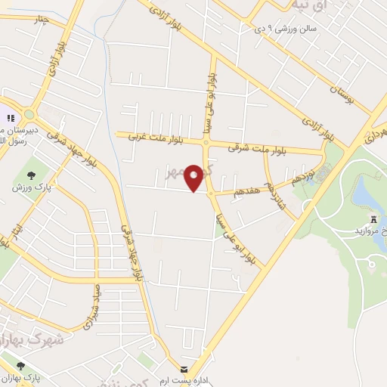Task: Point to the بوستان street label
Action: pyautogui.click(x=342, y=94)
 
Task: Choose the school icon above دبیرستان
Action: pyautogui.click(x=11, y=118)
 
